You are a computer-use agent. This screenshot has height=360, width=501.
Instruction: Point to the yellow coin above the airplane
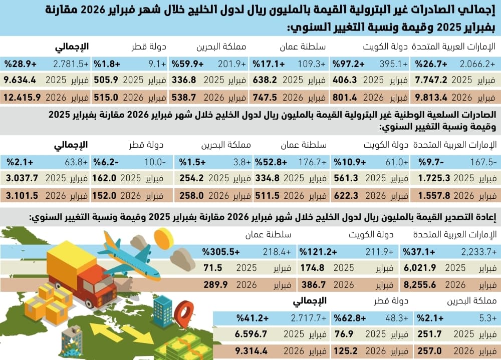(163, 238)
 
